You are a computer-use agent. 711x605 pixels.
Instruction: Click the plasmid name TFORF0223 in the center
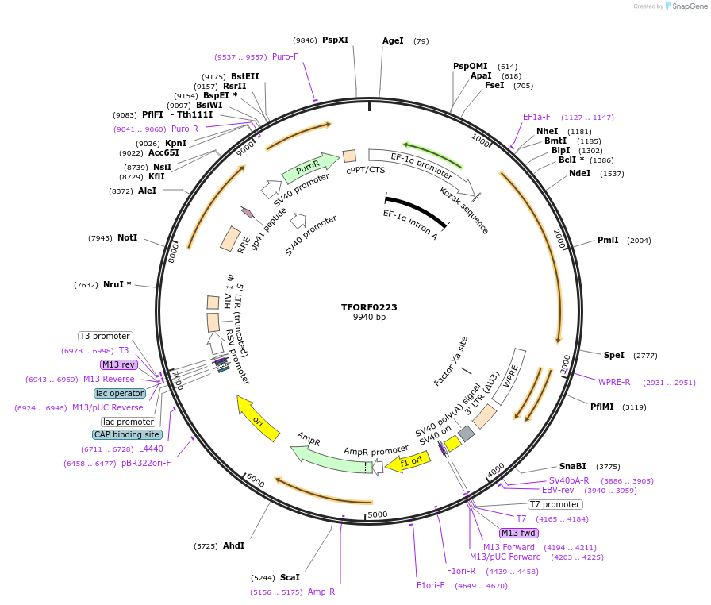coord(369,306)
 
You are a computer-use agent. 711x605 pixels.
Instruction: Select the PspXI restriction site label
coord(335,40)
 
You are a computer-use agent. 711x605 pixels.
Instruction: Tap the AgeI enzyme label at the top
coord(393,40)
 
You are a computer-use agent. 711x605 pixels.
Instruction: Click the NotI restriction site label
coord(127,237)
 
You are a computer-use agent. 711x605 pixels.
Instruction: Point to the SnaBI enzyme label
coord(573,466)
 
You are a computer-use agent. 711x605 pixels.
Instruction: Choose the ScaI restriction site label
coord(290,577)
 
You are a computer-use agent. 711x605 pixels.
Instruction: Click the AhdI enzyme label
coord(233,545)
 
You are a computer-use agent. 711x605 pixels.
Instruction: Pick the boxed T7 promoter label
coord(555,504)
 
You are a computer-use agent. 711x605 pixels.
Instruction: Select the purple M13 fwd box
coord(519,533)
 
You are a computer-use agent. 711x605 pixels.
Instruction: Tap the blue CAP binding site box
coord(128,434)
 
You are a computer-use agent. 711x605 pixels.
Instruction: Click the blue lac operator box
coord(120,393)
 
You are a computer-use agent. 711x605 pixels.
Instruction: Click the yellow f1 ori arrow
coord(408,460)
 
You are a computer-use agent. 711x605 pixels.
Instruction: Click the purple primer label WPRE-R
coord(614,382)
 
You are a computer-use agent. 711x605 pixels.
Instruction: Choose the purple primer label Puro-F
coord(285,57)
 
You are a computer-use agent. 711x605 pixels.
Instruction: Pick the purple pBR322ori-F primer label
coord(145,463)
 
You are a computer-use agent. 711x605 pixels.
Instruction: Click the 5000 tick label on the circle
coord(378,514)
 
